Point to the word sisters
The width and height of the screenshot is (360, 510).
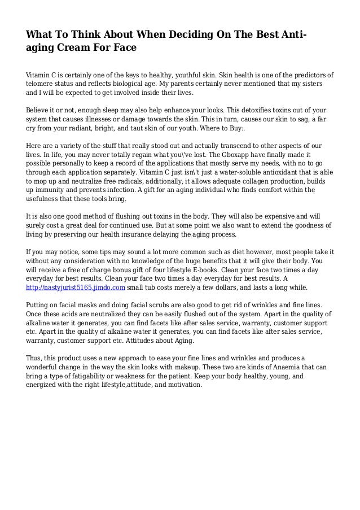pos(309,84)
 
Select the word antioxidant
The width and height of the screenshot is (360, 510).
pos(269,175)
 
